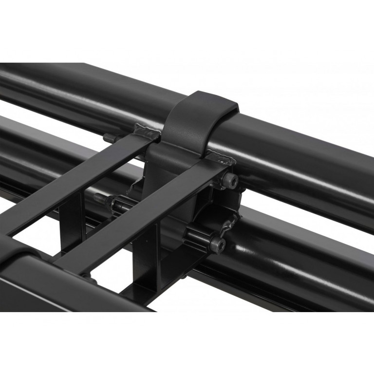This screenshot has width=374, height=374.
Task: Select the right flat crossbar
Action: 146,214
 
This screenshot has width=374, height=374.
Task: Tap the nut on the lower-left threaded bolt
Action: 117,203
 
